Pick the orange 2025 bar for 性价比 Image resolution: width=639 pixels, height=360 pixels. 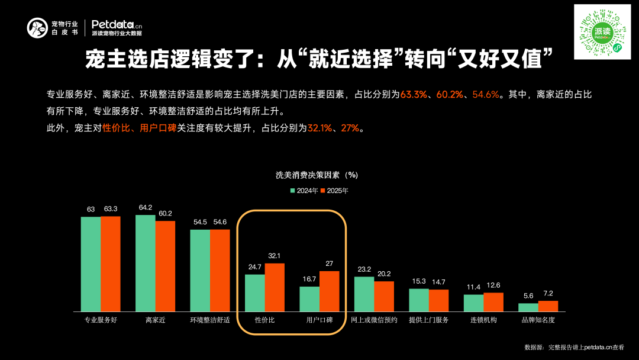click(275, 287)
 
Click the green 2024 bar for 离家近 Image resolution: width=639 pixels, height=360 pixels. click(146, 263)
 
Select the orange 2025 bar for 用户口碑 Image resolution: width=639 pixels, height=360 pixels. click(329, 291)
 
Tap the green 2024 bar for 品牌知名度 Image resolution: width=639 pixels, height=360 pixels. click(528, 307)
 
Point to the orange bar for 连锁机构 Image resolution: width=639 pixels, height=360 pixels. click(493, 302)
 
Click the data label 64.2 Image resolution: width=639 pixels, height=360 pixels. click(146, 207)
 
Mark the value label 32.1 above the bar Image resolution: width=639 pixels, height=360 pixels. click(275, 256)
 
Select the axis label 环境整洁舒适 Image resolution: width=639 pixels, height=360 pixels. click(209, 320)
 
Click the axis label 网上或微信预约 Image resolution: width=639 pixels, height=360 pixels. click(374, 320)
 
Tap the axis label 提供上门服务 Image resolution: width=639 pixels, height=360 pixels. click(428, 320)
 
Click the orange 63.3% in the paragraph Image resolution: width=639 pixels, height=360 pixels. click(414, 94)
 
